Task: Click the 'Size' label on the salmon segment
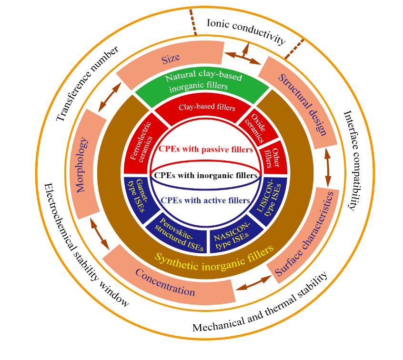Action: [x=170, y=59]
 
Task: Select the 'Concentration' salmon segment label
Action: [x=165, y=283]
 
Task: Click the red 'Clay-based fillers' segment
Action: [x=207, y=108]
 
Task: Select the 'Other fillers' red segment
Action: [x=272, y=157]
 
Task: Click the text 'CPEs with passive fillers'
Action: [x=206, y=150]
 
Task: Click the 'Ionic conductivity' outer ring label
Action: [x=246, y=31]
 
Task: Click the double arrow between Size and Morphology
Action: [x=109, y=98]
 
